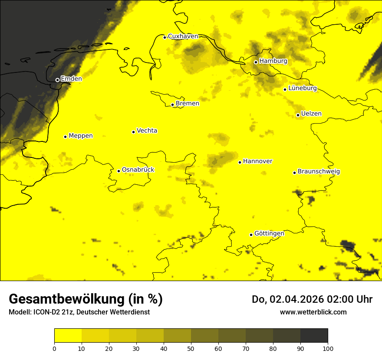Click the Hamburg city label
(x=273, y=61)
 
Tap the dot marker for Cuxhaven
(x=165, y=37)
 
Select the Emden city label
(x=71, y=79)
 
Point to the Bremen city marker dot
(x=172, y=105)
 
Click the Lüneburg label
(x=302, y=88)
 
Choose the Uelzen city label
(x=311, y=114)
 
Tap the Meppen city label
(x=81, y=136)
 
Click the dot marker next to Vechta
(x=133, y=132)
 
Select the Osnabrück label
(x=138, y=170)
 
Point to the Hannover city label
(x=257, y=161)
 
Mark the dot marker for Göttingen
(x=251, y=235)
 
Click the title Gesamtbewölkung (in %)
(x=86, y=299)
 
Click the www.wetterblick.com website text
(x=313, y=312)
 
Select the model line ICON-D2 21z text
(x=79, y=312)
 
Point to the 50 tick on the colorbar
(x=191, y=348)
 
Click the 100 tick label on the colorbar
(x=328, y=348)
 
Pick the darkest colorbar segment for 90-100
(x=314, y=336)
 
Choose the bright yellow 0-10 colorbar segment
(x=68, y=336)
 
